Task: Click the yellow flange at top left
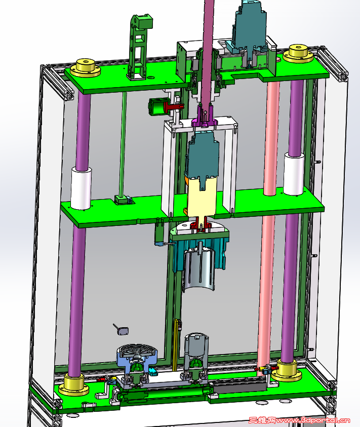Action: [85, 68]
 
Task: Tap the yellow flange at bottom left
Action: [74, 385]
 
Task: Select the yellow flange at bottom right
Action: [287, 370]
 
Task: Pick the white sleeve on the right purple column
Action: [294, 174]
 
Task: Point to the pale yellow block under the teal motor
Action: [202, 198]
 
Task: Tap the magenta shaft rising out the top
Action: [208, 52]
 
